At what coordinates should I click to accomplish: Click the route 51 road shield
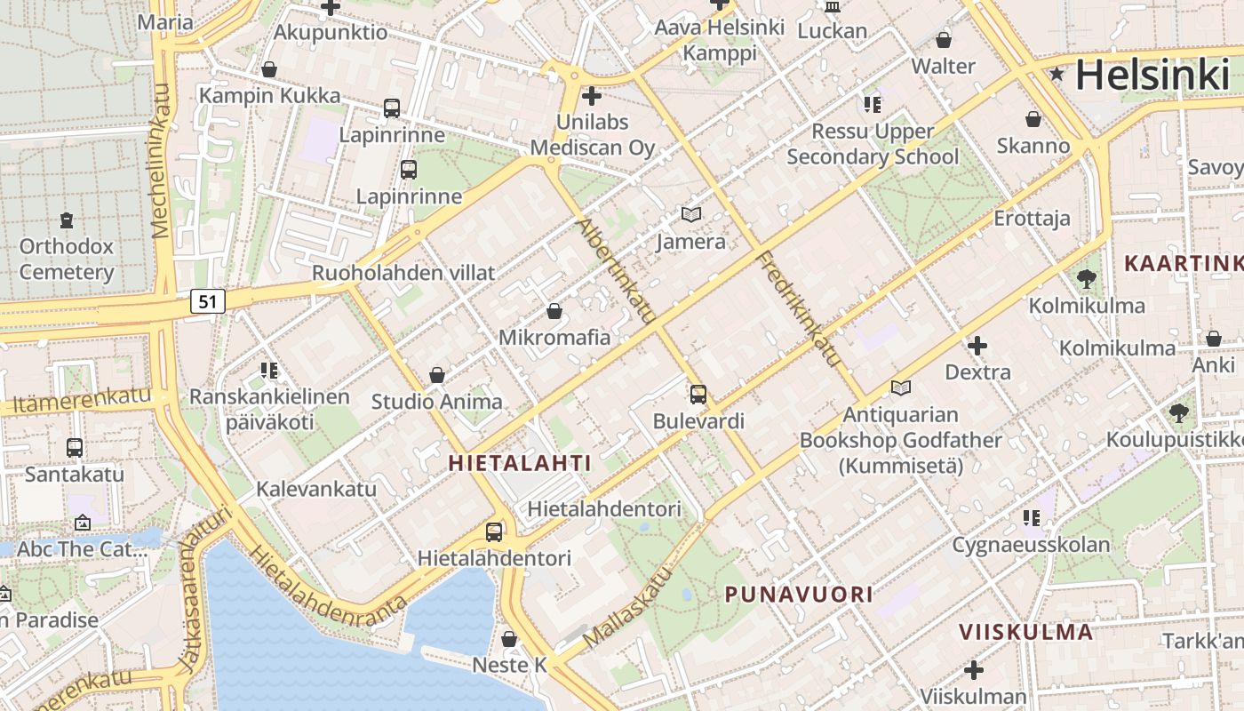point(207,301)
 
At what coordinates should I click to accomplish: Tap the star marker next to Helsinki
point(1057,74)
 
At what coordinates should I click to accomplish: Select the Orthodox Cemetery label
point(67,259)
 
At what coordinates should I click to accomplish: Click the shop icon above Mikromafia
point(554,311)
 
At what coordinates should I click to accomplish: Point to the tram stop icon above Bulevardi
point(698,394)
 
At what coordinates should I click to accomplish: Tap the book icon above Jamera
point(691,214)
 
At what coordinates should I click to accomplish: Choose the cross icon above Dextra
point(977,345)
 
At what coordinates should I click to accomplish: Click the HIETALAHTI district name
point(520,463)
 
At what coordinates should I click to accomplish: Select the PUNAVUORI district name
point(799,595)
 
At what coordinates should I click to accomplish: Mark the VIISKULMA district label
point(1025,632)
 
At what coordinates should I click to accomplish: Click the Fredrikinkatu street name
point(797,308)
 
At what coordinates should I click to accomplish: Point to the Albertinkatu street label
point(617,270)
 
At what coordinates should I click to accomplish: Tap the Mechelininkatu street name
point(161,161)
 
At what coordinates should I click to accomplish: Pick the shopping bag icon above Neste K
point(509,639)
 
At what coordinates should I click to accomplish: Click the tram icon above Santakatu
point(75,448)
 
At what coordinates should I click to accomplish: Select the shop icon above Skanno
point(1033,118)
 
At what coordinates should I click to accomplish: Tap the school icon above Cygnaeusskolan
point(1031,517)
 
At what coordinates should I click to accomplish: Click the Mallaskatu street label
point(627,609)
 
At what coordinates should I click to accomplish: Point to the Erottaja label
point(1032,219)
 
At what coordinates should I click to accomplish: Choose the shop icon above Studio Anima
point(436,375)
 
